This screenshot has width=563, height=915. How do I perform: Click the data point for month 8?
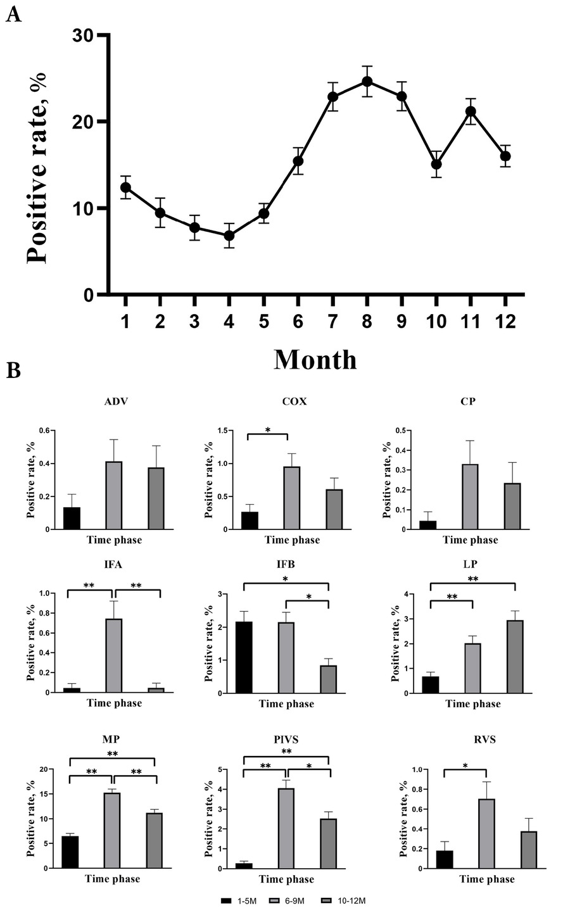[x=367, y=82]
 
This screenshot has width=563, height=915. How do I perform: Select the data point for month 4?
[x=229, y=236]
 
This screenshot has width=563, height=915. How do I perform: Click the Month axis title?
[x=315, y=359]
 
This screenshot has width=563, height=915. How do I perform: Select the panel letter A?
[x=13, y=15]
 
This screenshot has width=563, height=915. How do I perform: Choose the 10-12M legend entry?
[x=338, y=901]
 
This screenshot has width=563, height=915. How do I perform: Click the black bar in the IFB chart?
[x=244, y=657]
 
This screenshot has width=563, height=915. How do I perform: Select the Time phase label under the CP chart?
[x=470, y=540]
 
